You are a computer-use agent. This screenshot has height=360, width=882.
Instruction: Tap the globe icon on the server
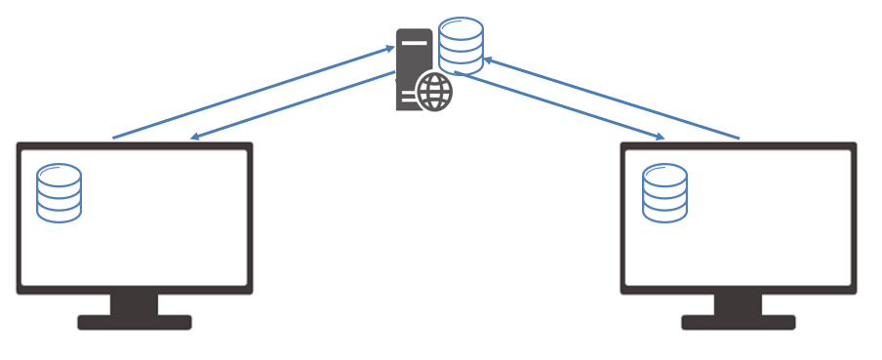(x=434, y=93)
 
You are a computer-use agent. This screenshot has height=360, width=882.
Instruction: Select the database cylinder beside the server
(x=461, y=45)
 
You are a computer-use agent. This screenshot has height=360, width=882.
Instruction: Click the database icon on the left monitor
(x=59, y=193)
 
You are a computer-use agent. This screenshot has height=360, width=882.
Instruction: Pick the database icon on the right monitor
(x=664, y=193)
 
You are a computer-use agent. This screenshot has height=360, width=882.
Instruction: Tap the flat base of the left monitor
(x=135, y=322)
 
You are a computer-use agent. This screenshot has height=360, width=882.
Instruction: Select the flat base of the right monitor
(x=739, y=322)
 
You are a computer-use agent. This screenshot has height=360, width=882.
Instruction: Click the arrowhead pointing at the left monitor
(x=195, y=137)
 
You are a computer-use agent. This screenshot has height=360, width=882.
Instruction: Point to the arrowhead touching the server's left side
(x=389, y=47)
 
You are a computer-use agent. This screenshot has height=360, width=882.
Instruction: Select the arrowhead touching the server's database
(x=489, y=60)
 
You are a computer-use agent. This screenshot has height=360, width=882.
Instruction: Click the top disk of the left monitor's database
(x=59, y=175)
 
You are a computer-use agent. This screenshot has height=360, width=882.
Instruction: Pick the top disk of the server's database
(x=461, y=27)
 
